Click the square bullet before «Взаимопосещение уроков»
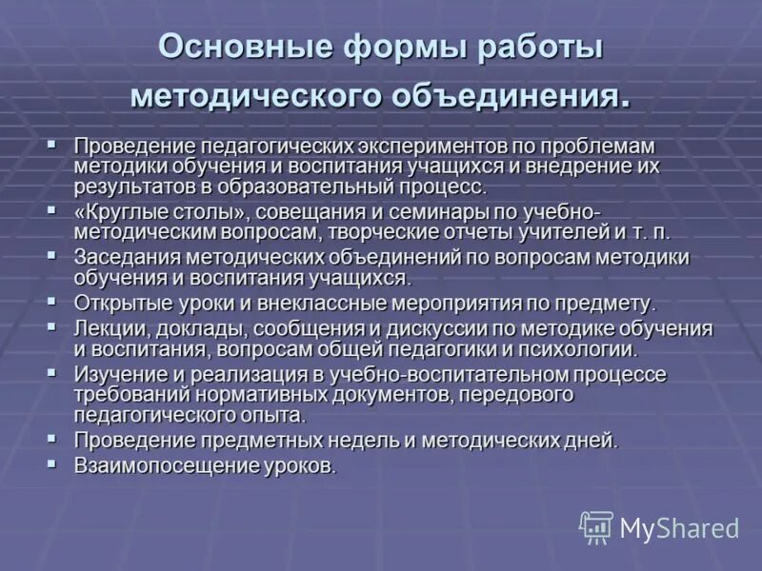click(52, 463)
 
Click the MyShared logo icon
click(596, 527)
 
